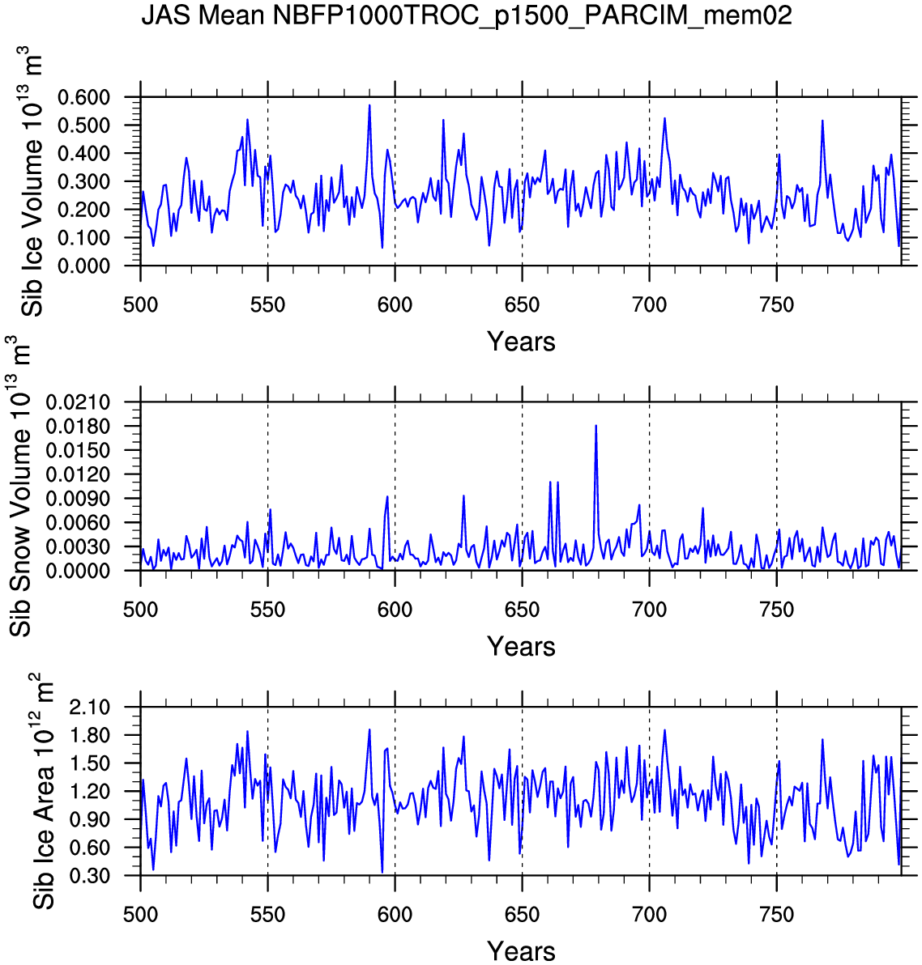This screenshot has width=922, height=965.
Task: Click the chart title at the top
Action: click(466, 15)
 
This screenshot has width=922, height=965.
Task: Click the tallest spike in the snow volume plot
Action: click(596, 426)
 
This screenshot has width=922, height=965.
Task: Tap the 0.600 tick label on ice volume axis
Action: click(95, 98)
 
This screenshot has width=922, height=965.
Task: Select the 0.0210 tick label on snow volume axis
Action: click(90, 402)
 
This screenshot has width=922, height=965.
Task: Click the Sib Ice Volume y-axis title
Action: click(32, 181)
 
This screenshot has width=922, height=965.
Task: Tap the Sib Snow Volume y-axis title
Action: click(21, 487)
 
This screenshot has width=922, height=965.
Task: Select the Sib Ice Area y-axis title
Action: click(44, 791)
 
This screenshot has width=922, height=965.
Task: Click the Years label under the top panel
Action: click(521, 342)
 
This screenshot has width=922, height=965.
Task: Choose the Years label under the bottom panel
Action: click(521, 951)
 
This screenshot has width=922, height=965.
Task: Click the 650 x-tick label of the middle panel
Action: click(522, 610)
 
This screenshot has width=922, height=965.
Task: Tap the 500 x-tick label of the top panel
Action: click(140, 305)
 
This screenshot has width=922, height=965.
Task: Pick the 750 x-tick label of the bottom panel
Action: click(776, 915)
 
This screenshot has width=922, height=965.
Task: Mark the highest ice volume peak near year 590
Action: click(369, 106)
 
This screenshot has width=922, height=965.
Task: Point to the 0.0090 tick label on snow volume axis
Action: click(90, 499)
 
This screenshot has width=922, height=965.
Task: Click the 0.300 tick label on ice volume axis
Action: click(95, 182)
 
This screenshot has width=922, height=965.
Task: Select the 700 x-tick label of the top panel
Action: click(649, 305)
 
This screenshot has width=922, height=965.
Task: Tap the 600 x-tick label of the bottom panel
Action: click(395, 915)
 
